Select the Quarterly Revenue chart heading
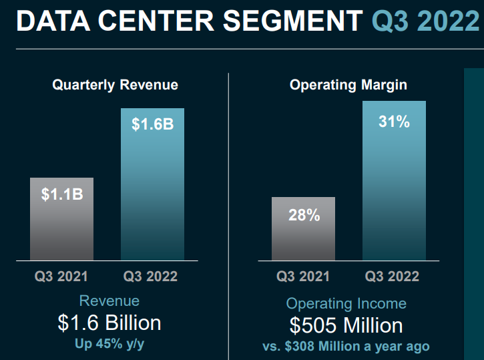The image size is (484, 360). (x=115, y=85)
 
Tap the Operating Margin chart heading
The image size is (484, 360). (x=348, y=85)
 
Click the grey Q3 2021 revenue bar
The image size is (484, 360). (x=61, y=227)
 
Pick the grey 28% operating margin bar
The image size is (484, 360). (x=304, y=237)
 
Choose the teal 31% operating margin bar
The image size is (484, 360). (x=394, y=194)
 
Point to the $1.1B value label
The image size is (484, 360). (x=61, y=194)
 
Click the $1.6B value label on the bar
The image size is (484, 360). (x=152, y=124)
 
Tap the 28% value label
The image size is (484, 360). (x=304, y=215)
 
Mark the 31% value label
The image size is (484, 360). (x=394, y=122)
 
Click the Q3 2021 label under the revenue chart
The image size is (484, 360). (x=61, y=276)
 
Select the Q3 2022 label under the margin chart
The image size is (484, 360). (x=393, y=276)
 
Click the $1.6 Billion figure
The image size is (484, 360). (x=109, y=323)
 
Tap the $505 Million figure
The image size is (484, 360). (x=346, y=325)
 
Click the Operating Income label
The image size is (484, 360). (x=346, y=304)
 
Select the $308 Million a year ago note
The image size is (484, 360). (x=346, y=346)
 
